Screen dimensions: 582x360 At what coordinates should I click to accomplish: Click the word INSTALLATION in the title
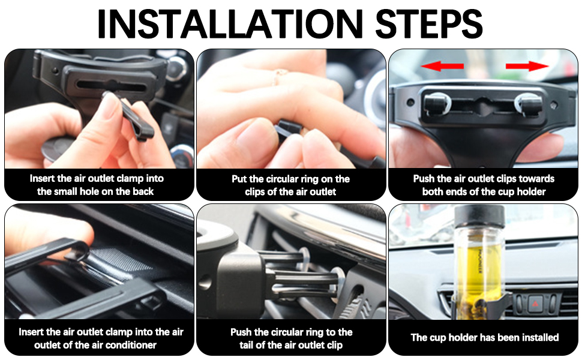click(230, 23)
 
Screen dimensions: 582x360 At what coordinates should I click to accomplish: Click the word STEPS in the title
click(429, 23)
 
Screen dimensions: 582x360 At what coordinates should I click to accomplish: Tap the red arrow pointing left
click(442, 66)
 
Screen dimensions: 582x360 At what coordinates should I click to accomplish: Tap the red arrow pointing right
click(527, 66)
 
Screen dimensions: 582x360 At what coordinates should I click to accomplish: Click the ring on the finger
click(279, 76)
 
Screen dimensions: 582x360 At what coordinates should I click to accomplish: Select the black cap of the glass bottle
click(479, 216)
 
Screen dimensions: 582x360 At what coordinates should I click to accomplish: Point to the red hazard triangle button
click(535, 304)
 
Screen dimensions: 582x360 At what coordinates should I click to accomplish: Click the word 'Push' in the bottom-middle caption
click(241, 332)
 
